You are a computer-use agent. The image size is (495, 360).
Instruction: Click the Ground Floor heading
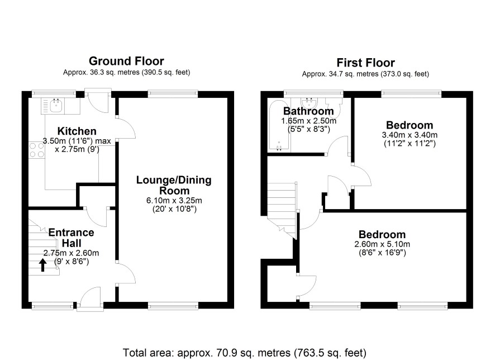click(x=126, y=61)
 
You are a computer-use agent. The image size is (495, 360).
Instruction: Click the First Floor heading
click(x=365, y=63)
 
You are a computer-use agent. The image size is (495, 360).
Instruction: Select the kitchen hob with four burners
click(x=37, y=150)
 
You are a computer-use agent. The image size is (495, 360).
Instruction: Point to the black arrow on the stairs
click(x=42, y=266)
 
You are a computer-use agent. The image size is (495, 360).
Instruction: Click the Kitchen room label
click(x=77, y=131)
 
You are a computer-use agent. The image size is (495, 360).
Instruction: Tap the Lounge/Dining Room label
click(x=174, y=186)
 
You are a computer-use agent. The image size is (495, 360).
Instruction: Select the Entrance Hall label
click(x=72, y=238)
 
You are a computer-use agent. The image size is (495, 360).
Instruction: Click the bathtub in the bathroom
click(x=278, y=125)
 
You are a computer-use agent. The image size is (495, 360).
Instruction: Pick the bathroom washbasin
click(x=309, y=103)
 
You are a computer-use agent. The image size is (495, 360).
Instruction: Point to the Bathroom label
click(x=308, y=111)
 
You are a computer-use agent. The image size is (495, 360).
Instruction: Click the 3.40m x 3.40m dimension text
click(x=410, y=135)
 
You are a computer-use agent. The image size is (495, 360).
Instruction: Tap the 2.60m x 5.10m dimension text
click(x=382, y=244)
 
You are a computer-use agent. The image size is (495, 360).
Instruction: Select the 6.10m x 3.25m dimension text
click(x=174, y=201)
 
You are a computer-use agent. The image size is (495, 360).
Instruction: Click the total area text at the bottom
click(x=245, y=352)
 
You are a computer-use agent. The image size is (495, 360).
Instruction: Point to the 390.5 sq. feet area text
click(x=166, y=72)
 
